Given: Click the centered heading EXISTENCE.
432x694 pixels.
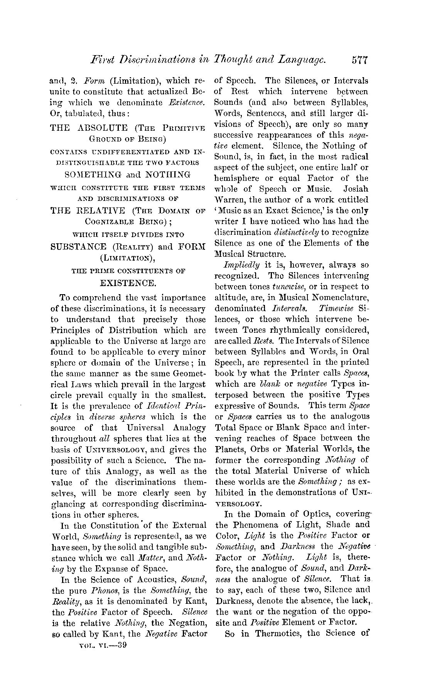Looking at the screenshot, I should [x=128, y=284].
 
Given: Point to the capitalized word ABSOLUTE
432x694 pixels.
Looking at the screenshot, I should [x=99, y=128].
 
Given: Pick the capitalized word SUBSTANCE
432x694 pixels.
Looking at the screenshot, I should [x=79, y=247].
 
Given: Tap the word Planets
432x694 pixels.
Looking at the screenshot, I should [x=228, y=449].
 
